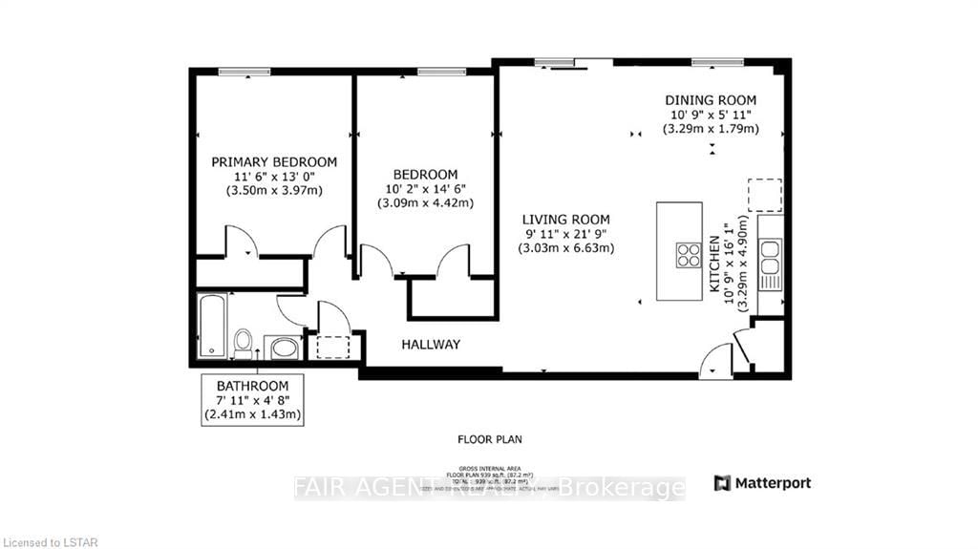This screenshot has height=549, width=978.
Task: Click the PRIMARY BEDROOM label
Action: tap(274, 161)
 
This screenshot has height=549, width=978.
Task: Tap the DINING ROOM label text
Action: tap(711, 100)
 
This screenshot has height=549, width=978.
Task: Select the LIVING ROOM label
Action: tap(566, 219)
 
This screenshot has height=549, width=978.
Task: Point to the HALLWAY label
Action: tap(431, 345)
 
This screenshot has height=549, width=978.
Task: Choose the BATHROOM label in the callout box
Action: tap(252, 386)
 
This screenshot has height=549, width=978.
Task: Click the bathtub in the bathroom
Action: tap(211, 326)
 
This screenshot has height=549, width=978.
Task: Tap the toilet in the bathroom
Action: tap(244, 342)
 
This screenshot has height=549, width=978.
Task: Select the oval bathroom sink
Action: tap(285, 347)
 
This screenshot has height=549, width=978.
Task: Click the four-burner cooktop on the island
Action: tap(689, 255)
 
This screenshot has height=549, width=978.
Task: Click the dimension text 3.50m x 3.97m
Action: tap(274, 190)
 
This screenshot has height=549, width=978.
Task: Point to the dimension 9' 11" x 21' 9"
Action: tap(566, 234)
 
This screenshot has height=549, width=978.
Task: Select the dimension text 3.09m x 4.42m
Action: tap(425, 202)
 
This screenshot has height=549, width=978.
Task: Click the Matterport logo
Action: tap(762, 483)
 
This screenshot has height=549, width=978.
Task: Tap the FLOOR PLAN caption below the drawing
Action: tap(488, 439)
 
